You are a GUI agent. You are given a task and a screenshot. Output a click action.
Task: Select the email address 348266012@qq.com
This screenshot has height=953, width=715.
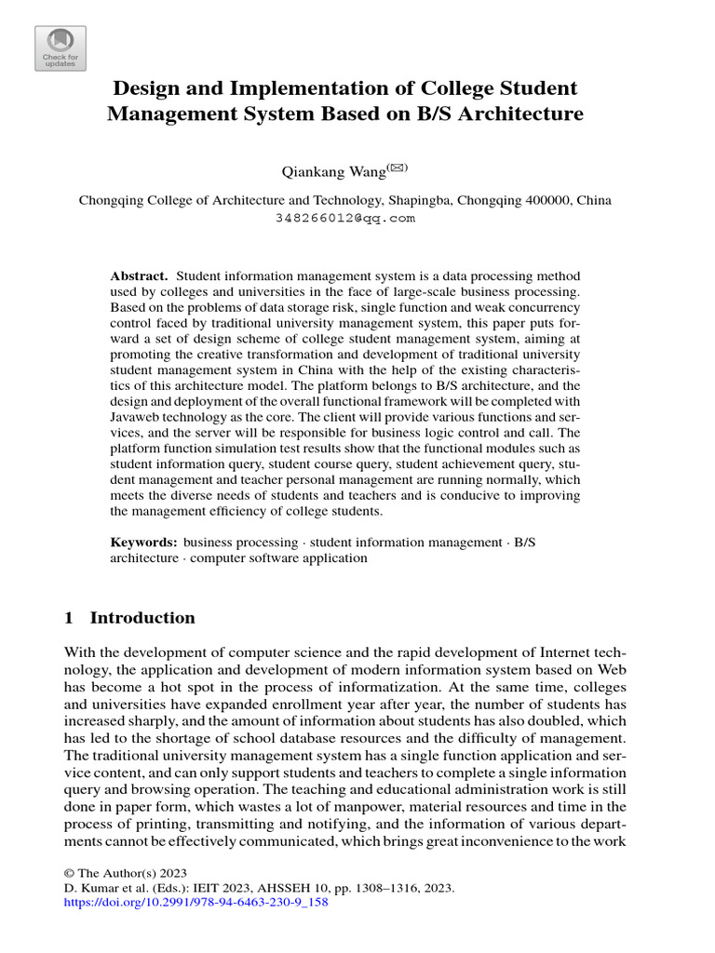pos(345,218)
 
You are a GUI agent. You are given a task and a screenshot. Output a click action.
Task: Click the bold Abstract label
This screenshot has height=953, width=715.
pos(139,276)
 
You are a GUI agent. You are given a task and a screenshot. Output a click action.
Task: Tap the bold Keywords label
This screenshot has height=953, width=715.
pos(144,542)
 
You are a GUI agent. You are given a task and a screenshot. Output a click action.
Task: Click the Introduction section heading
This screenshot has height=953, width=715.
pos(142,619)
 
